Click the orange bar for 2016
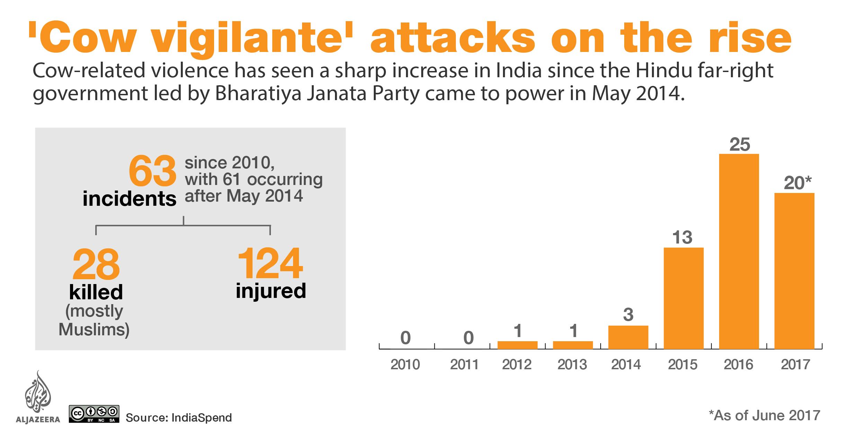coord(739,251)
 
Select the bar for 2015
coord(683,298)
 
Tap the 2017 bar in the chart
coord(794,271)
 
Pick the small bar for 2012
coord(517,345)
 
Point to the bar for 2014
coord(628,337)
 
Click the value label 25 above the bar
coord(740,144)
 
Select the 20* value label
coord(797,183)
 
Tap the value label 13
coord(682,238)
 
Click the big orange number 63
coord(152,171)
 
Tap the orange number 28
coord(96,265)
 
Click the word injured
coord(271,291)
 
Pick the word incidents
coord(129,199)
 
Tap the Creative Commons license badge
coord(94,414)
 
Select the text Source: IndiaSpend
coord(178,418)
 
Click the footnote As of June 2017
coord(764,416)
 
